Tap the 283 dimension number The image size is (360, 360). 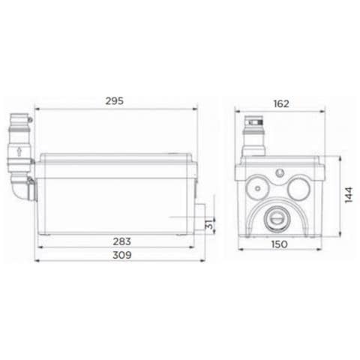click(122, 241)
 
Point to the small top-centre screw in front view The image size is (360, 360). click(279, 172)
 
